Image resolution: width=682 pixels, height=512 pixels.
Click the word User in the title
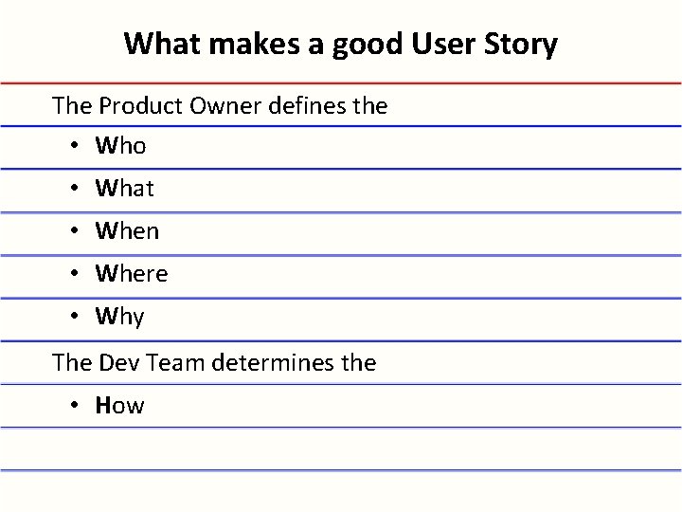click(452, 44)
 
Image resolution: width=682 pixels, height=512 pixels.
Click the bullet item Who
click(120, 147)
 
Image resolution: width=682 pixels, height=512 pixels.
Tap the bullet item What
click(124, 189)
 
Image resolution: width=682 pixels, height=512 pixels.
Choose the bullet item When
click(127, 231)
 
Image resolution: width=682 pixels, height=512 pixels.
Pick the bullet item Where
click(132, 274)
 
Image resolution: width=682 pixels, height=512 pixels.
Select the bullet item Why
click(120, 317)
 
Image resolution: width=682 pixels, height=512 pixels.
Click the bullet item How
click(120, 406)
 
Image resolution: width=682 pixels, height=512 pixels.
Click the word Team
click(171, 362)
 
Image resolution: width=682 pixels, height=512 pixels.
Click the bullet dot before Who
click(74, 148)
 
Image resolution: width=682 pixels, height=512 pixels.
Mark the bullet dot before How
click(74, 407)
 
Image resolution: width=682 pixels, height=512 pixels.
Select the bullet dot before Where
click(74, 275)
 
